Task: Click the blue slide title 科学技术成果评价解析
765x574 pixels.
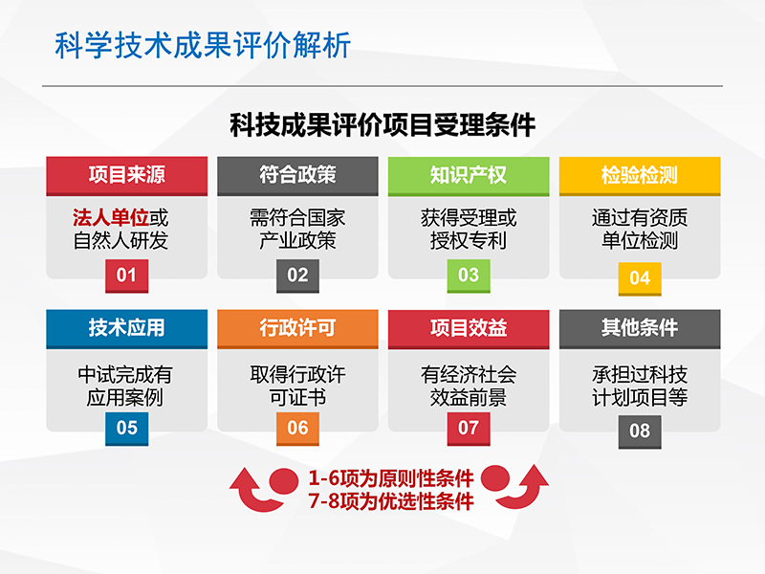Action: [x=203, y=45]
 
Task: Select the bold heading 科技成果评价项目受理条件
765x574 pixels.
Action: [x=382, y=125]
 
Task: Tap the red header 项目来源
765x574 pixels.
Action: [x=127, y=176]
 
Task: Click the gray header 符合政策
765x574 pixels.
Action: [x=297, y=176]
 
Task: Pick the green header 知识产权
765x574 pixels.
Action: [x=469, y=176]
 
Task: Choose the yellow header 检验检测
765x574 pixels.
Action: [x=640, y=176]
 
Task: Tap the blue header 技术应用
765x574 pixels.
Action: [x=127, y=328]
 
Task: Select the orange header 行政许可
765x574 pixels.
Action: [x=297, y=328]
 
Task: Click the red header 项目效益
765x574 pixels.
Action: [x=469, y=328]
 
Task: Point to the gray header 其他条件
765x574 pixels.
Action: [x=640, y=328]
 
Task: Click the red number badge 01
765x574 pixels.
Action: [x=127, y=276]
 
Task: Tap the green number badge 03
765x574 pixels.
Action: [x=469, y=276]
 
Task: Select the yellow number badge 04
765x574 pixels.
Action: [x=640, y=278]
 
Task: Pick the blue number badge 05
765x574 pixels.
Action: [x=127, y=429]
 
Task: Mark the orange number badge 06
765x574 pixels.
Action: [x=297, y=429]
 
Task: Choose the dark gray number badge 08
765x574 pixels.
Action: [x=640, y=431]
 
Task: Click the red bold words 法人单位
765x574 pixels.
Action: [x=111, y=218]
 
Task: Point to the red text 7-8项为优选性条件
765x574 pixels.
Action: [x=391, y=501]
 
